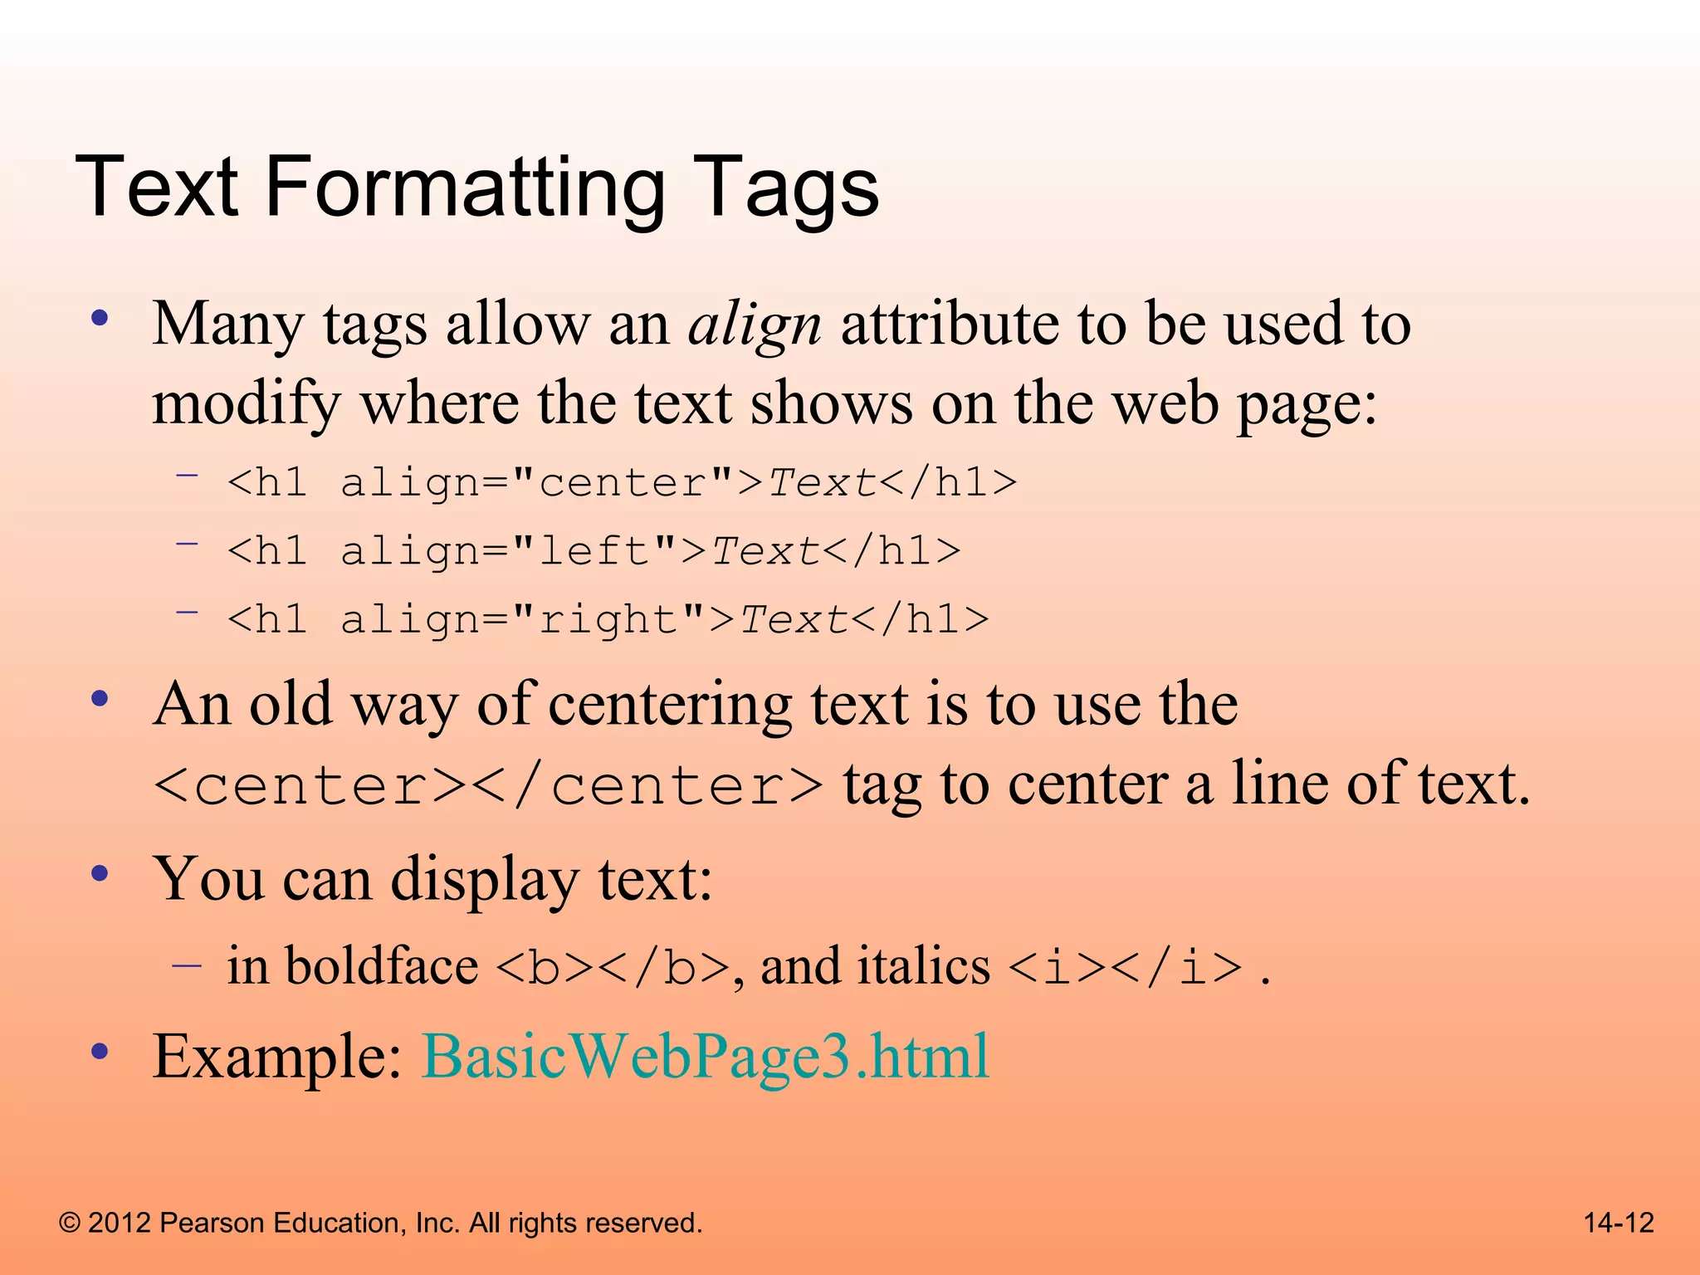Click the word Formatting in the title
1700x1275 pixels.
[x=465, y=189]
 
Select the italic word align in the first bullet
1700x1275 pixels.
[x=755, y=325]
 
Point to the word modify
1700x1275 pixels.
[x=246, y=404]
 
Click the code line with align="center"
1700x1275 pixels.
[x=622, y=483]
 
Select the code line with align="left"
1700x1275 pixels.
[x=594, y=551]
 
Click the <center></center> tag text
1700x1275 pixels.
[x=489, y=785]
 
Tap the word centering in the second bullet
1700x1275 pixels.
[x=670, y=704]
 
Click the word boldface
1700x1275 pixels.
[x=382, y=966]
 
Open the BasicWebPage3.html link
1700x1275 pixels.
[x=706, y=1057]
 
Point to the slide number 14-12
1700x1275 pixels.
[x=1619, y=1223]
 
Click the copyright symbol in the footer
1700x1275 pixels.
[x=70, y=1224]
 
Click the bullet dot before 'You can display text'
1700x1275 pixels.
[x=100, y=874]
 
